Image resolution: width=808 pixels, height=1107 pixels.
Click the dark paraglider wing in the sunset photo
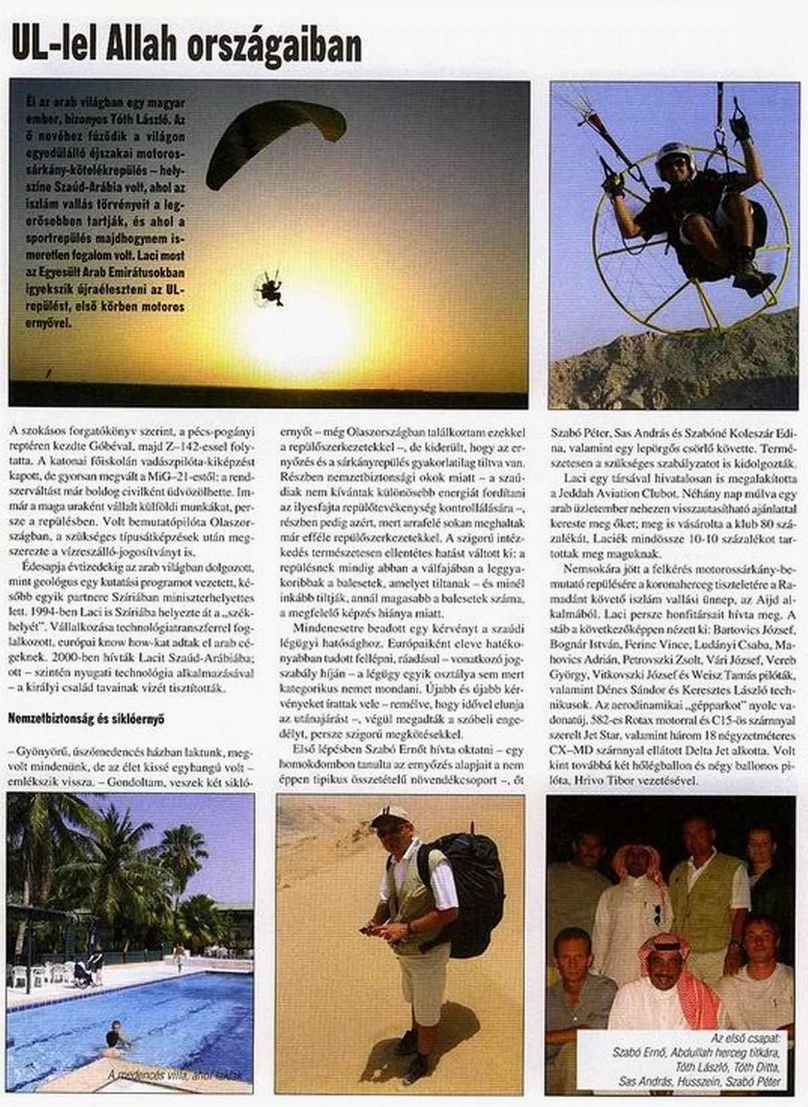coord(275,134)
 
